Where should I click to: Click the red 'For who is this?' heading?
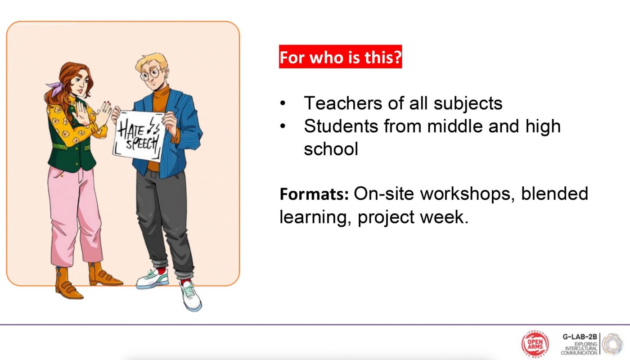(340, 57)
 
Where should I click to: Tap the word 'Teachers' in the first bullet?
(343, 103)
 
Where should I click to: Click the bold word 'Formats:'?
(314, 194)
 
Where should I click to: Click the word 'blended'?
(554, 194)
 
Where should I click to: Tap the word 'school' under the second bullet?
(331, 149)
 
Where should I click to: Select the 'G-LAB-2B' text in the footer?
(580, 337)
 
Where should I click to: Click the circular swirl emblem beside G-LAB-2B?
(612, 344)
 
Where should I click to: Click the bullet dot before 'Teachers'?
(283, 103)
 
